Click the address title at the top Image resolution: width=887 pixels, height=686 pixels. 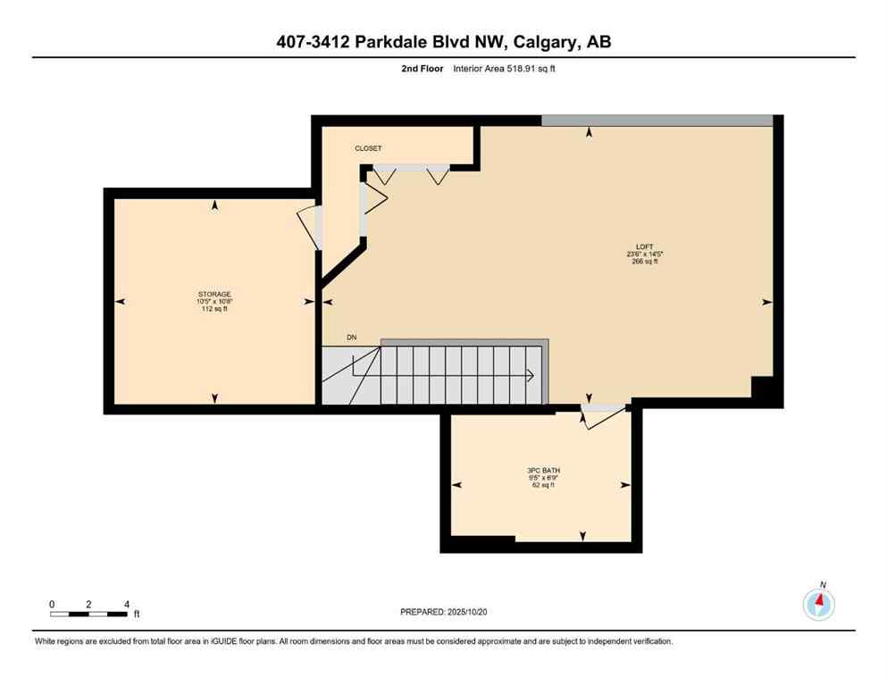443,42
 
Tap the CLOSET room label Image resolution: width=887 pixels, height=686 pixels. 369,148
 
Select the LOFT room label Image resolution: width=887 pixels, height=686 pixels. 643,246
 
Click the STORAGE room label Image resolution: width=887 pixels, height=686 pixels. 214,294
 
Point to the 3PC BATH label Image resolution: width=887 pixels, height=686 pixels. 543,470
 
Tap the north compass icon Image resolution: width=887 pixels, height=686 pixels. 818,604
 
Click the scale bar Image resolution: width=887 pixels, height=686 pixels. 88,614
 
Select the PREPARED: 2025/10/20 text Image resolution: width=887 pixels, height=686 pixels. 443,612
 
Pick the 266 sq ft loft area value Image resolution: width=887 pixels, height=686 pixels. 643,262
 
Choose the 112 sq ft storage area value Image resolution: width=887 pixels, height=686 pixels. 214,310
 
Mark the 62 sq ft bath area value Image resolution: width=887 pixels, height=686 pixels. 543,485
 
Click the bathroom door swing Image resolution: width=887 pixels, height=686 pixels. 595,417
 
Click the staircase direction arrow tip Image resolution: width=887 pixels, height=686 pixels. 533,376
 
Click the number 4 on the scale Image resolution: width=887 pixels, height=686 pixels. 127,604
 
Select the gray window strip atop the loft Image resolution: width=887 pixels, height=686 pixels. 657,121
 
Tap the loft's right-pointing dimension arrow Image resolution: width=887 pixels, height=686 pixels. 766,302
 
